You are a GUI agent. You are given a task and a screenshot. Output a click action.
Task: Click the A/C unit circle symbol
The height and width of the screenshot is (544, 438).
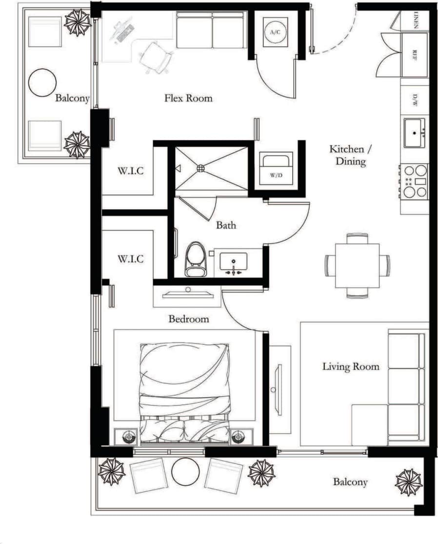[x=275, y=32]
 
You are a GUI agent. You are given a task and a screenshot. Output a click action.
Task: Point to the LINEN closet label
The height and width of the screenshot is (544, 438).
[x=416, y=20]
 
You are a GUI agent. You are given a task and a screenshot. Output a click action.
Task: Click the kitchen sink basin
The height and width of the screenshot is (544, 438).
[x=415, y=132]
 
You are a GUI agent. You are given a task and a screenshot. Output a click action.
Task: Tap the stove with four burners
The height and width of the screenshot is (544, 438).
[x=414, y=181]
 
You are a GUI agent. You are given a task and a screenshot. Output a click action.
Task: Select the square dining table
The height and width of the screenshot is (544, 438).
[x=358, y=266]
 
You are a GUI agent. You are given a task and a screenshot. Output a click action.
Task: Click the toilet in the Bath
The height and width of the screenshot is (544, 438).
[x=196, y=259]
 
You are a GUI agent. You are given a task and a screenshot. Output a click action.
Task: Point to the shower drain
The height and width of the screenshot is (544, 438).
[x=200, y=168]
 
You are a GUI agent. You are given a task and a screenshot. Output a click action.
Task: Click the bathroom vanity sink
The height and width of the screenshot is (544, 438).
[x=233, y=262]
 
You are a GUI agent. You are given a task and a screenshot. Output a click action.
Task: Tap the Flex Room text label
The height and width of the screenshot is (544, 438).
[x=188, y=98]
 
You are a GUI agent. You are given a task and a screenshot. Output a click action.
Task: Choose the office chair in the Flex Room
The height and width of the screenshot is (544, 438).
[x=156, y=57]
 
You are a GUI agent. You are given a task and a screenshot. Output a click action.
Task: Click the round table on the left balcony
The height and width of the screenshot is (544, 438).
[x=42, y=82]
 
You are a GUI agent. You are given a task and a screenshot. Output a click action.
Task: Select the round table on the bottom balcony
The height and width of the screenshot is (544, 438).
[x=186, y=472]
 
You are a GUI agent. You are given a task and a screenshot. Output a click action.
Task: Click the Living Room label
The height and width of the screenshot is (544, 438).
[x=351, y=366]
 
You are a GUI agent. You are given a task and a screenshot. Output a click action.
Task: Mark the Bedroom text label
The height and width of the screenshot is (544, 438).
[x=189, y=319]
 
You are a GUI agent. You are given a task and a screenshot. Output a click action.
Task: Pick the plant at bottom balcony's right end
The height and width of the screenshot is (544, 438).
[x=408, y=482]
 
